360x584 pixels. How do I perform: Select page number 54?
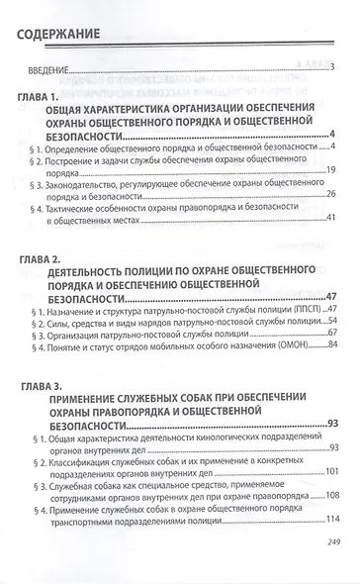[x=332, y=321]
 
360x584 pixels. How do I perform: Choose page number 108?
[x=330, y=496]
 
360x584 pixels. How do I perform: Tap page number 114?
[x=330, y=520]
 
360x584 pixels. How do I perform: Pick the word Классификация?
[x=90, y=460]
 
